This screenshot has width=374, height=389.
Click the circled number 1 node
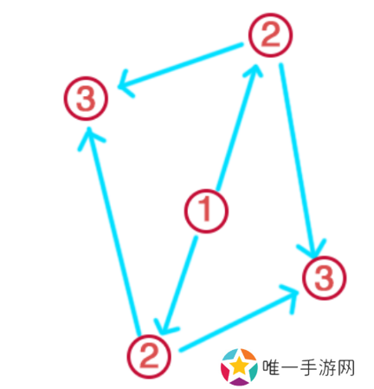tap(206, 211)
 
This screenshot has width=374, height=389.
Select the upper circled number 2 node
tap(270, 35)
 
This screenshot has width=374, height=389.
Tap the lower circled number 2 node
tap(149, 356)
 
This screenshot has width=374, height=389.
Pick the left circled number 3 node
tap(86, 99)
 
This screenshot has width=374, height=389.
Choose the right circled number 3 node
tap(324, 278)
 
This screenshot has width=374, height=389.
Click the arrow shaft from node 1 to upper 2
tap(237, 127)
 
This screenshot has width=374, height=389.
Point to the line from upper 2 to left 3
tap(180, 66)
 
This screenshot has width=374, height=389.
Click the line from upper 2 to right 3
tap(298, 160)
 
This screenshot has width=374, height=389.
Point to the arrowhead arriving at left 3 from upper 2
tap(125, 84)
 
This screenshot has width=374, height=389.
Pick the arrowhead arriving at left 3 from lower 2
tap(91, 138)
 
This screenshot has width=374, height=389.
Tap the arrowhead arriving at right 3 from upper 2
tap(313, 249)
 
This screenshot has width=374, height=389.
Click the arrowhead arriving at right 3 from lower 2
tap(291, 297)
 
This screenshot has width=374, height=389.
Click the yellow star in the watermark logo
tap(239, 365)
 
